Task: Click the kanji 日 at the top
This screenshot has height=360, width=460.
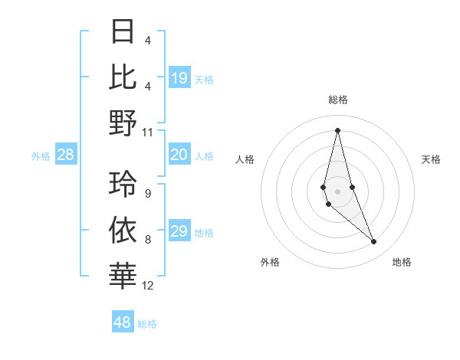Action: [123, 32]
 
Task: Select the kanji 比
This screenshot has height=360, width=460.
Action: [123, 77]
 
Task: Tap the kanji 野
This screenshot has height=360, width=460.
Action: [123, 123]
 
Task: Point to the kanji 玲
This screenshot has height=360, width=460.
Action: [123, 185]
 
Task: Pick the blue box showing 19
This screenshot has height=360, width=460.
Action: [179, 77]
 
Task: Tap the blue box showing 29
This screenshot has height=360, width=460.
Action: [179, 231]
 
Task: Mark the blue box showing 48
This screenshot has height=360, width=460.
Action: [123, 322]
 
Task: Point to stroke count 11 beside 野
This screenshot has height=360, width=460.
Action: [148, 132]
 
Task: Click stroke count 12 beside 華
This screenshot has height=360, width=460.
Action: [148, 286]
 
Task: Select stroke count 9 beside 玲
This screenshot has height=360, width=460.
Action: [148, 194]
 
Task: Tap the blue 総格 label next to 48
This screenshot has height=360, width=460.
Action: [147, 324]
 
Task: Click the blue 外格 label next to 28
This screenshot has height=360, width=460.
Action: [41, 156]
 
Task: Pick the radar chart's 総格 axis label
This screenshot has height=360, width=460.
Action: [337, 100]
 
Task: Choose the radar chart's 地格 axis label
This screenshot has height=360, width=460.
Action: [402, 262]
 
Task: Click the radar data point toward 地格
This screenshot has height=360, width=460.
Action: [374, 242]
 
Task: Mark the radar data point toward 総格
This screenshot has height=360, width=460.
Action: [337, 130]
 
